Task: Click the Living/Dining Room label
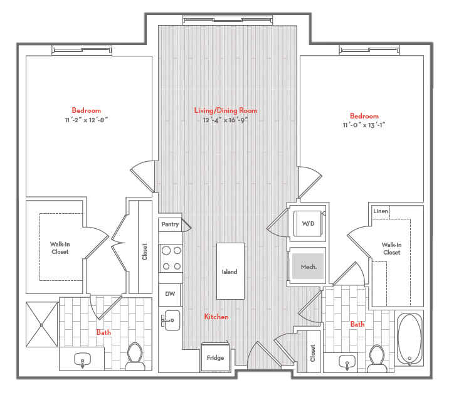click(225, 110)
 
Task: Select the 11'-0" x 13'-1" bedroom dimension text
click(364, 125)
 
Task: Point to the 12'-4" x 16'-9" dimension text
click(225, 119)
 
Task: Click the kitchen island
click(230, 271)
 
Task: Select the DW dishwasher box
click(170, 294)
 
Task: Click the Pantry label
click(170, 224)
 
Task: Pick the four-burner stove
click(171, 258)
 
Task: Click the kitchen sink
click(170, 320)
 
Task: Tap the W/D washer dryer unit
click(307, 224)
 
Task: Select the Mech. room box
click(308, 266)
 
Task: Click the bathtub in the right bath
click(410, 339)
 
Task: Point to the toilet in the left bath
click(135, 354)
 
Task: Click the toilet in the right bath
click(377, 356)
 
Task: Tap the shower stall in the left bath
click(42, 325)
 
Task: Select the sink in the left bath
click(82, 359)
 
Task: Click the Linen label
click(381, 211)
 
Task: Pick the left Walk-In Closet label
click(60, 248)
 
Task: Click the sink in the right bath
click(347, 361)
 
